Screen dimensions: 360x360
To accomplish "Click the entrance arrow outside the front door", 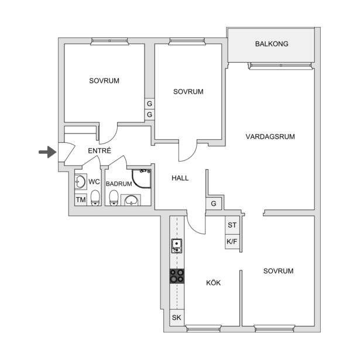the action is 48,152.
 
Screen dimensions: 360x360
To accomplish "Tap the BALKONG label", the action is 272,44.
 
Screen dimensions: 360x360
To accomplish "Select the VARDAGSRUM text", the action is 270,136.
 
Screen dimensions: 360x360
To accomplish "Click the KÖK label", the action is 213,283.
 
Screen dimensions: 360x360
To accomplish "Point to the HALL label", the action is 180,178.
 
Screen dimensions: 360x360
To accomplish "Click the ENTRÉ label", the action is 100,150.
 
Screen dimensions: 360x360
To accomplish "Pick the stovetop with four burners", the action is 177,276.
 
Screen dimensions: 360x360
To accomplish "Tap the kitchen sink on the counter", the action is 177,246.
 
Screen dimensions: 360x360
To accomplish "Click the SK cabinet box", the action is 177,317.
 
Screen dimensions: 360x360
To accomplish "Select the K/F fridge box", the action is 232,242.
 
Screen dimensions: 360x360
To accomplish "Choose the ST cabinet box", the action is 232,225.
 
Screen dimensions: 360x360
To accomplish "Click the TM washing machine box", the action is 81,200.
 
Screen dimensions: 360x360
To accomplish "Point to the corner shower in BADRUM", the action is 142,179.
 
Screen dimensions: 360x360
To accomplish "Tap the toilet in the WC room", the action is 95,198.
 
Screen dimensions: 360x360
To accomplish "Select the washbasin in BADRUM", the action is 131,200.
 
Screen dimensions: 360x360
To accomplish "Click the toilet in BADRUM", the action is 114,198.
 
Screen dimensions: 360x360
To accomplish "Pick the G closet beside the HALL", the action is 214,204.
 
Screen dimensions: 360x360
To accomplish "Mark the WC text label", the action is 94,182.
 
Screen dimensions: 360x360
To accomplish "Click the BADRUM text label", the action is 119,184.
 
